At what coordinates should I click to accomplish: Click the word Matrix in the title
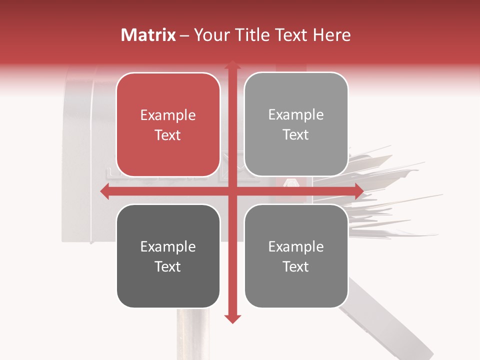click(x=148, y=35)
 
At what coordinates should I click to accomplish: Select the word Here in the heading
click(x=332, y=35)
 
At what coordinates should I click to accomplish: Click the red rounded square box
click(x=168, y=125)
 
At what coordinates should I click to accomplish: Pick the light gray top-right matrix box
click(x=296, y=124)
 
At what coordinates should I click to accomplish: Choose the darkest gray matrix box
click(x=168, y=256)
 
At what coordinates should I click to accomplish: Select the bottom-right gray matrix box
click(x=296, y=256)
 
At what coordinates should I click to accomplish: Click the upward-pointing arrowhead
click(x=232, y=64)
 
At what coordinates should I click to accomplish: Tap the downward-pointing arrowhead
click(x=232, y=318)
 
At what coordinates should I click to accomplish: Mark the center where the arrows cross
click(x=232, y=191)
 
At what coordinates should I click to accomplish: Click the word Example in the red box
click(x=168, y=115)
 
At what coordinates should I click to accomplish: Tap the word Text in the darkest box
click(x=168, y=266)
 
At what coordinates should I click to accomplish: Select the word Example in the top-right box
click(x=296, y=115)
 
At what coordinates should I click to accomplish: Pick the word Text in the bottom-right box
click(x=296, y=266)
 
